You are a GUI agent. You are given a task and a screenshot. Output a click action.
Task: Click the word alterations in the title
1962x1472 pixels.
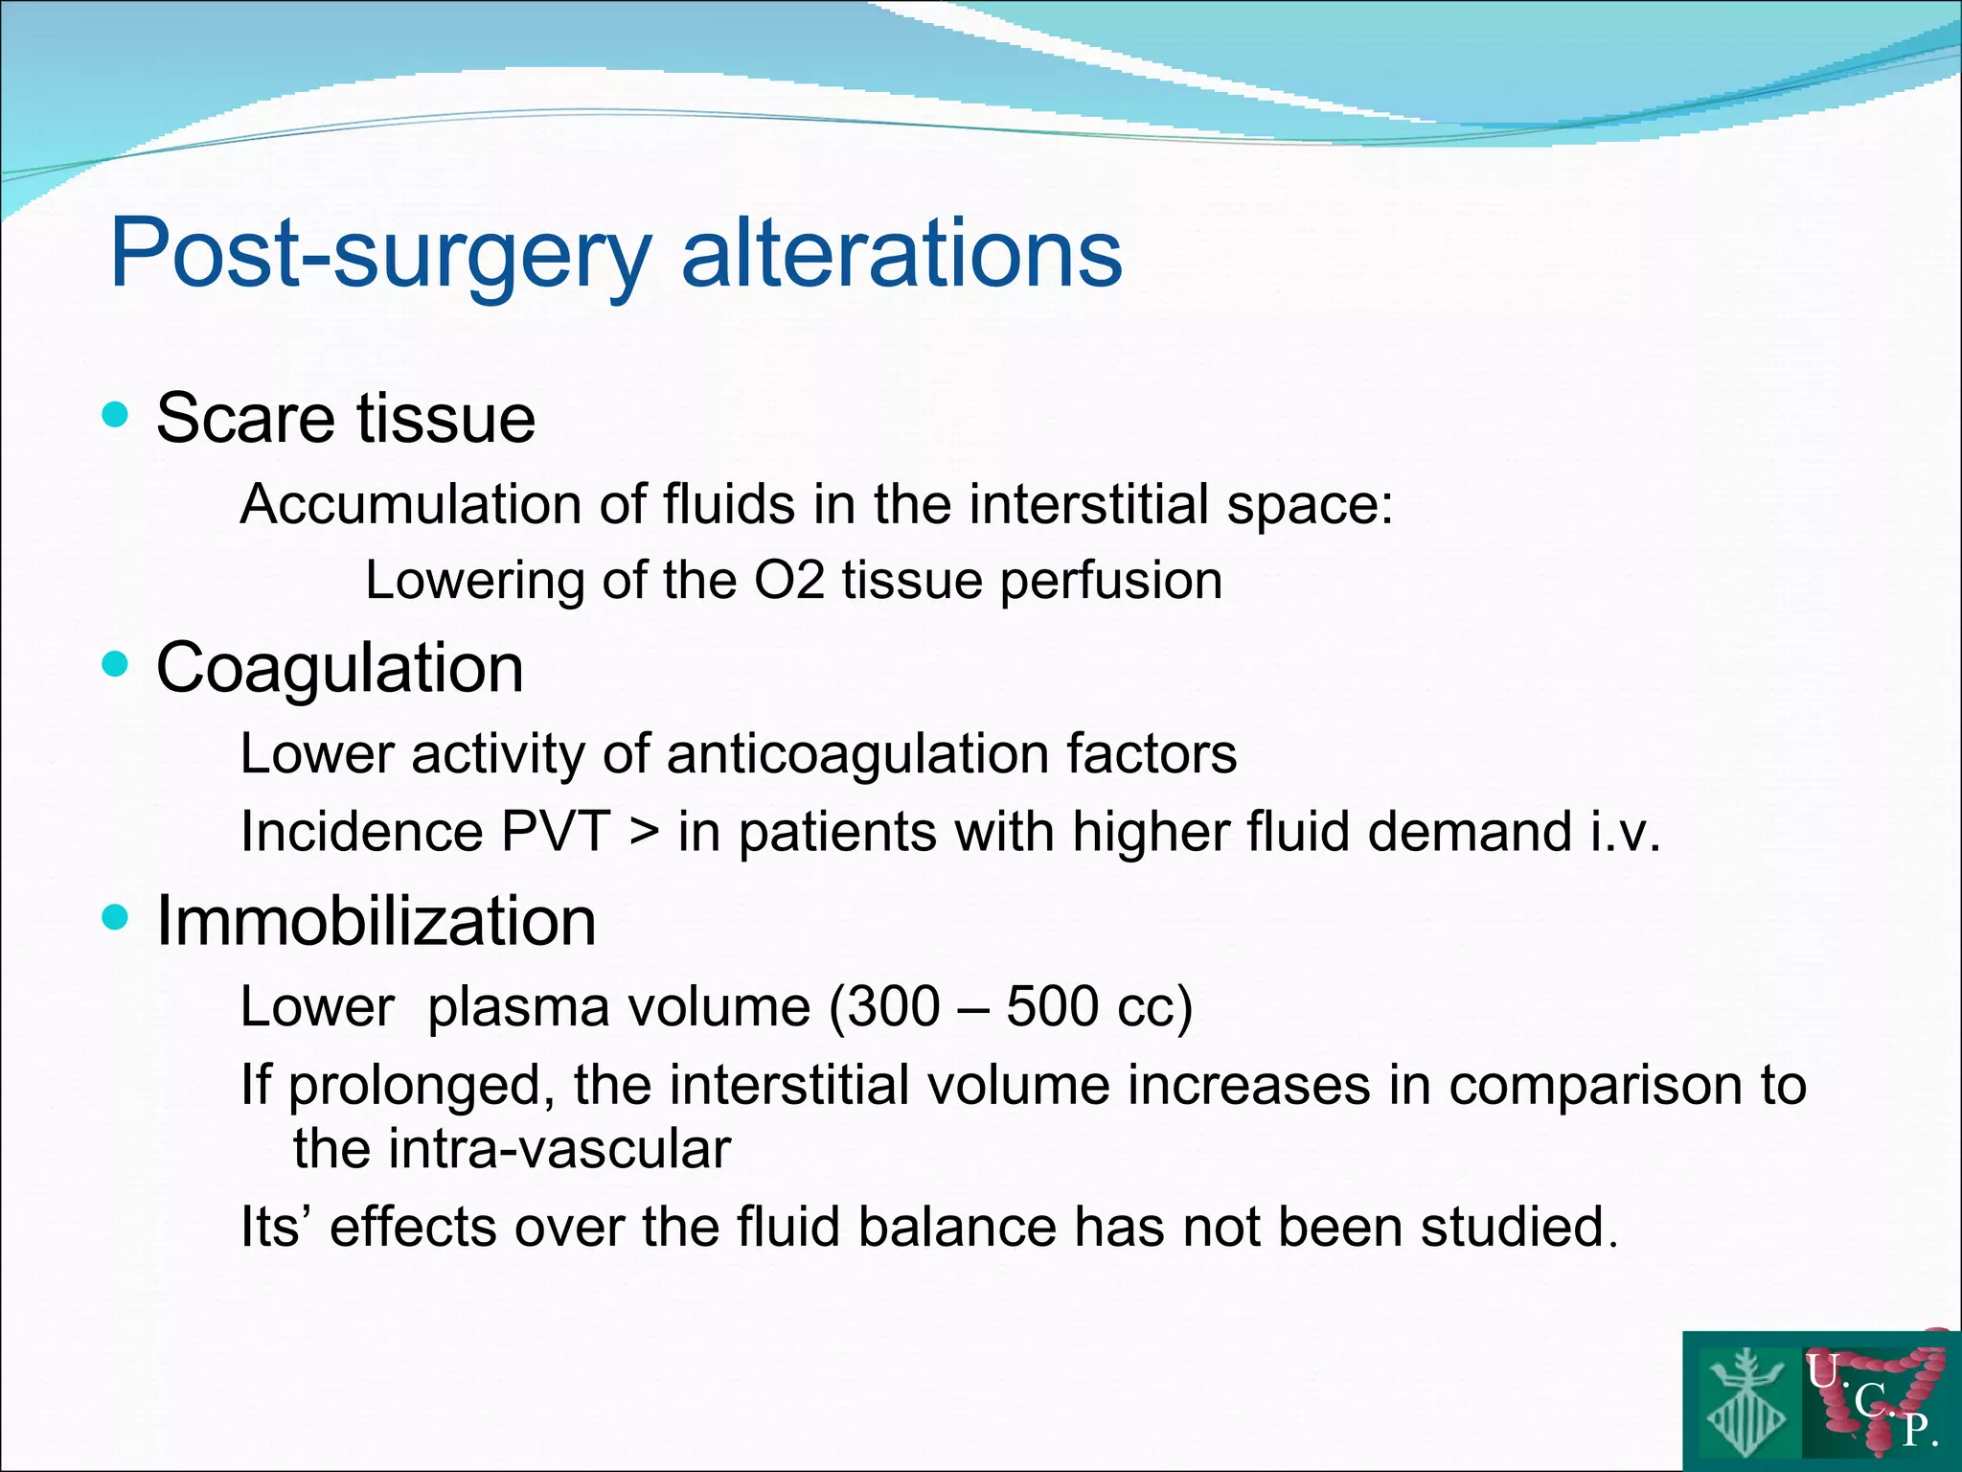(x=901, y=252)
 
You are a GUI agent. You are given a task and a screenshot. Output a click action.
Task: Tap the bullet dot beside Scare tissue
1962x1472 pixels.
(x=115, y=415)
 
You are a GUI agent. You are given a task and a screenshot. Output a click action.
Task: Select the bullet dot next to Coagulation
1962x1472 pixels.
(x=115, y=664)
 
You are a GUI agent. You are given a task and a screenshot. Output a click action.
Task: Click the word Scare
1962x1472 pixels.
(x=245, y=419)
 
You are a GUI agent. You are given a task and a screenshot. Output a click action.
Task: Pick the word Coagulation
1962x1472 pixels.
(x=339, y=668)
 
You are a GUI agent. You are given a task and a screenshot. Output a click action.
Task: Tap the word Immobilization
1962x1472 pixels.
(x=376, y=921)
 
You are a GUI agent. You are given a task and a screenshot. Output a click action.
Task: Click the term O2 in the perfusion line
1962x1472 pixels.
(x=789, y=581)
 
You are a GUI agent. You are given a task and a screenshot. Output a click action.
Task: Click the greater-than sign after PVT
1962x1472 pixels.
(x=645, y=832)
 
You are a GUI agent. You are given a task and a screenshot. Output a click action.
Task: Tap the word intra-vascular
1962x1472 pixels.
(x=512, y=1148)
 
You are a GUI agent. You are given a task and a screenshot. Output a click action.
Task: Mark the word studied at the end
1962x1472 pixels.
(x=1517, y=1227)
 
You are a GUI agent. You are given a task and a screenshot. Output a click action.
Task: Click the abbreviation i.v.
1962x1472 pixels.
(x=1625, y=831)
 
